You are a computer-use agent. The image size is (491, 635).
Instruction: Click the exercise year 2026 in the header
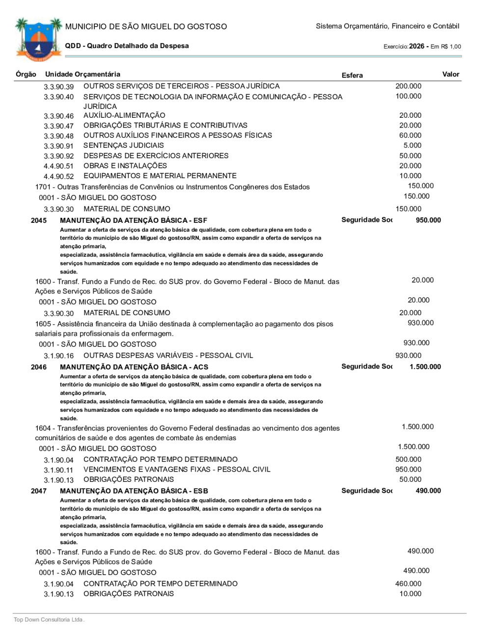click(x=416, y=46)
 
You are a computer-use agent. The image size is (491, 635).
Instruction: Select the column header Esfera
click(x=352, y=75)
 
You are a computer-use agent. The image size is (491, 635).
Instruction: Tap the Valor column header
click(x=450, y=74)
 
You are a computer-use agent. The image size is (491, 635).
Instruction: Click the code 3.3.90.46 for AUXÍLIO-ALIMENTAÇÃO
click(x=58, y=116)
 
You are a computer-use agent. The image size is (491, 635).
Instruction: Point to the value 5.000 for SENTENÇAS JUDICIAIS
click(x=412, y=145)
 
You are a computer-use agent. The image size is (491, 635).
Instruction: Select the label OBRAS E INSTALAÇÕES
click(x=125, y=166)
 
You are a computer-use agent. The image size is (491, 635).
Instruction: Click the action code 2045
click(x=39, y=220)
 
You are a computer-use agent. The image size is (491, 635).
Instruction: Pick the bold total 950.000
click(x=428, y=220)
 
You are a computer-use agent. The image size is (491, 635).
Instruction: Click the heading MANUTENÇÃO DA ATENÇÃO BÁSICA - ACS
click(x=134, y=367)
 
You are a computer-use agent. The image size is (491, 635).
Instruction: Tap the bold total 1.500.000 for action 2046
click(x=425, y=367)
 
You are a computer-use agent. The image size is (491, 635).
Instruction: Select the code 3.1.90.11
click(x=58, y=470)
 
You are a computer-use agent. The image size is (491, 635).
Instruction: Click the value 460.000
click(x=408, y=583)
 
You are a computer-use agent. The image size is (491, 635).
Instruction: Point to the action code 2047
click(x=39, y=491)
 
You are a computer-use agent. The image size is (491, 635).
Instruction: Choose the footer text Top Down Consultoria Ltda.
click(x=49, y=620)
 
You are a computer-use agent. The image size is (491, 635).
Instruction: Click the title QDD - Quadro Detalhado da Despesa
click(x=127, y=46)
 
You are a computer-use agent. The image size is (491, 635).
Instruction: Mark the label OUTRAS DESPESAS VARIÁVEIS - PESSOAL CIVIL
click(x=168, y=355)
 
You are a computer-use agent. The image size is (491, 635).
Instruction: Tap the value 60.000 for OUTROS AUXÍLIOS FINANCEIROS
click(x=410, y=135)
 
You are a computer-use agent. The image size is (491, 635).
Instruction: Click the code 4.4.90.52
click(x=58, y=177)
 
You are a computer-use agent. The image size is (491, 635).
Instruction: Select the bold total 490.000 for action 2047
click(x=428, y=491)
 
